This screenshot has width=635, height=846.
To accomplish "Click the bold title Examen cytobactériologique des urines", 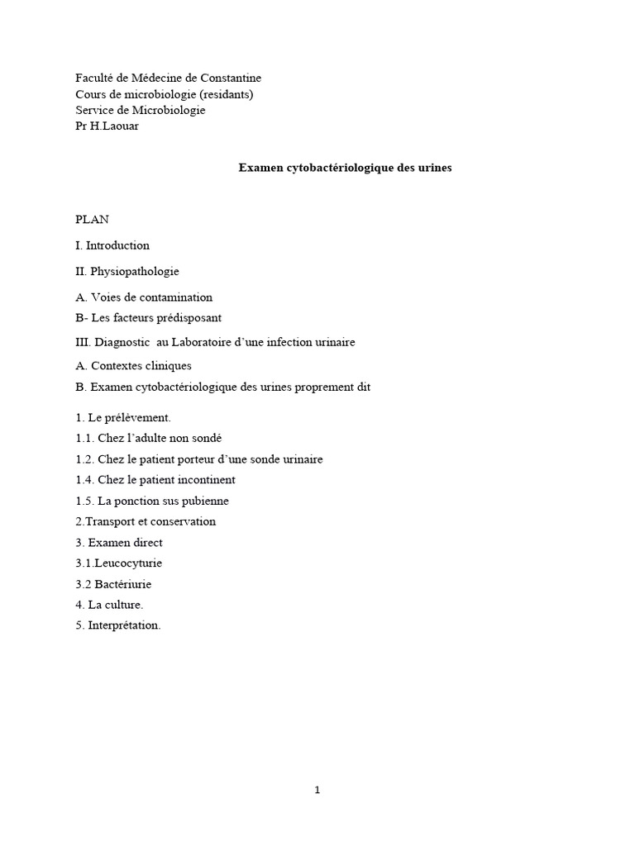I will click(x=345, y=168).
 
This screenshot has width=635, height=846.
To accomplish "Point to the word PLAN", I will click(x=92, y=220).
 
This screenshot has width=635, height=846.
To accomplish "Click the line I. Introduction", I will click(x=112, y=245).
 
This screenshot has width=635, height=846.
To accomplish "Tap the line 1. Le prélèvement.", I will click(x=122, y=418).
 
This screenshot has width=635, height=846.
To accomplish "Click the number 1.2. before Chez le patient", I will click(x=84, y=459).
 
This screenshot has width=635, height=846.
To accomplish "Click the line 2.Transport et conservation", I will click(x=146, y=521).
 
